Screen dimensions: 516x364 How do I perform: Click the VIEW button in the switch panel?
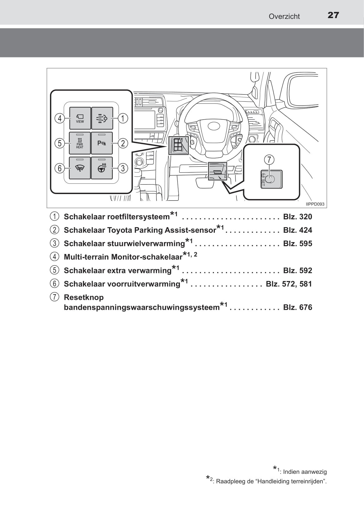coord(80,118)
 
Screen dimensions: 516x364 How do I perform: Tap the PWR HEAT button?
coord(80,143)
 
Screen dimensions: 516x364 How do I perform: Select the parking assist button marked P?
coord(102,143)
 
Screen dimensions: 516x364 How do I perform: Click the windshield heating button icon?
coord(80,168)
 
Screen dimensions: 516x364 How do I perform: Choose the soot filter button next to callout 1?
coord(102,118)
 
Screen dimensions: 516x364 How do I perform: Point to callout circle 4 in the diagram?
coord(60,119)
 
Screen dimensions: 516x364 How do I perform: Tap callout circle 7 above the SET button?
coord(269,160)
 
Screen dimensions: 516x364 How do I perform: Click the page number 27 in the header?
coord(333,15)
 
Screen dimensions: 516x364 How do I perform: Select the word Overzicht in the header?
coord(284,17)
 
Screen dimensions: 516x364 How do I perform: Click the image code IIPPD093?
coord(315,204)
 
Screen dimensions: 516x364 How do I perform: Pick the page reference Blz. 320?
coord(298,217)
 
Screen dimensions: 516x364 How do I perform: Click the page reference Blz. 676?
coord(298,307)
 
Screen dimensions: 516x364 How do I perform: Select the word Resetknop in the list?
coord(84,297)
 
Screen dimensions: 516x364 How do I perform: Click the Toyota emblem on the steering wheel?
coord(214,126)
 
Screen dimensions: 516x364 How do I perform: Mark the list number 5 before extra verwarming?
coord(54,270)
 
